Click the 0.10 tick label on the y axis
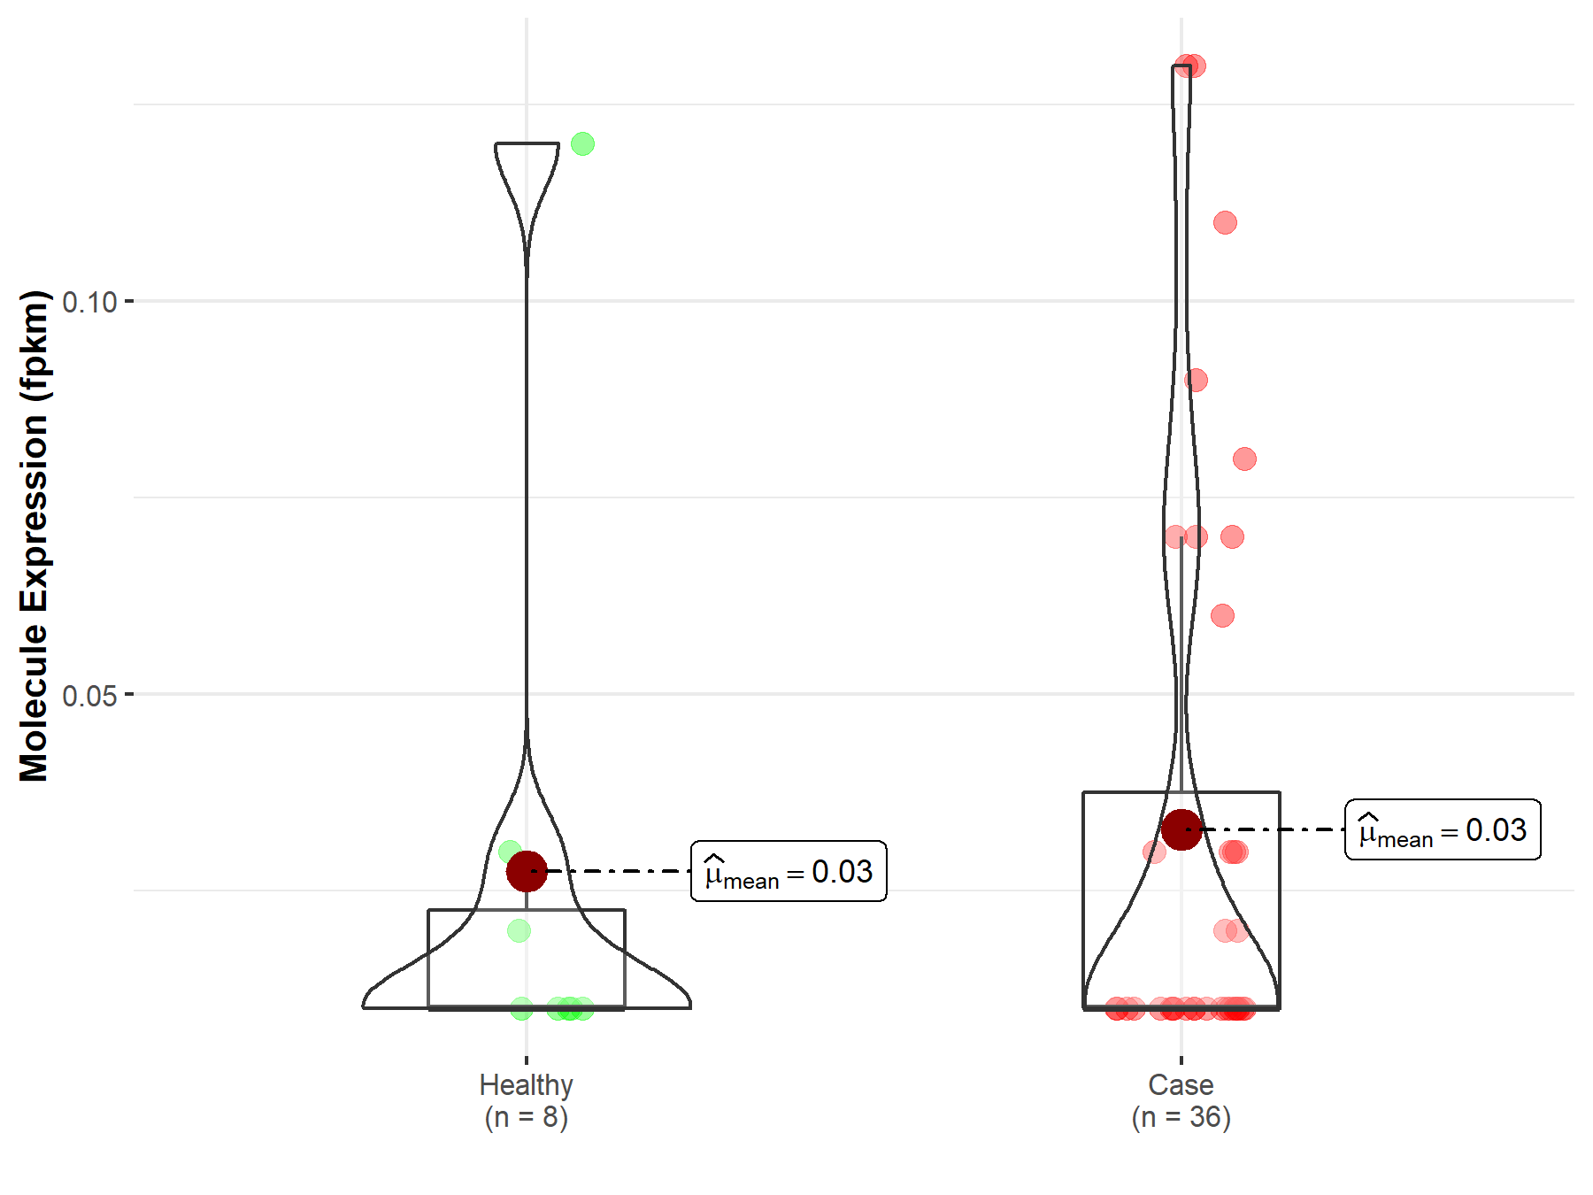pyautogui.click(x=89, y=302)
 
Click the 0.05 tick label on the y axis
pyautogui.click(x=89, y=696)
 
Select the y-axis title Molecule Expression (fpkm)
pyautogui.click(x=35, y=536)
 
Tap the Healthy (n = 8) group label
pyautogui.click(x=527, y=1100)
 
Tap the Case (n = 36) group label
pyautogui.click(x=1181, y=1100)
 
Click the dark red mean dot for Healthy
pyautogui.click(x=527, y=871)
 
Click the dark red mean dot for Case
pyautogui.click(x=1181, y=829)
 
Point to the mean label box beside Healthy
pyautogui.click(x=789, y=871)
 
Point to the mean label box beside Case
pyautogui.click(x=1443, y=829)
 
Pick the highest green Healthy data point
pyautogui.click(x=582, y=143)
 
